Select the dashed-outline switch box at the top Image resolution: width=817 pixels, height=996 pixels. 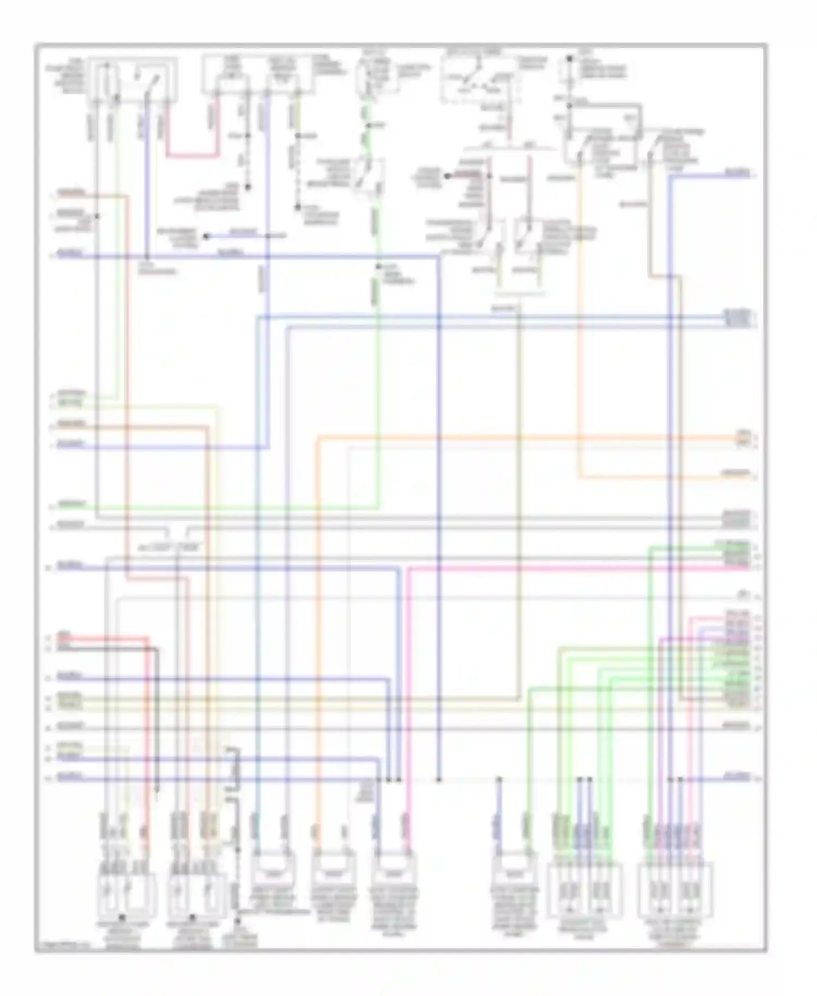[x=478, y=78]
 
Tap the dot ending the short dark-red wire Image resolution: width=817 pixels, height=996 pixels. [x=447, y=176]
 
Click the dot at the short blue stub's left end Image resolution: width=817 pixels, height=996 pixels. [x=206, y=236]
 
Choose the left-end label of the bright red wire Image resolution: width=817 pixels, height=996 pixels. [x=64, y=635]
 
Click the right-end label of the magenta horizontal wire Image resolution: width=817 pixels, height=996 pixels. [x=736, y=568]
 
